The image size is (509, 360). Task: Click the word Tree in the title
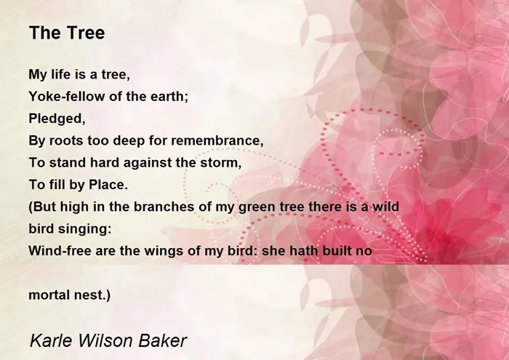click(x=86, y=33)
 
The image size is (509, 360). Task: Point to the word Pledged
click(x=57, y=119)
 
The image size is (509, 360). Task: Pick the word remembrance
click(x=217, y=140)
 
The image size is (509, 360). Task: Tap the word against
click(x=148, y=163)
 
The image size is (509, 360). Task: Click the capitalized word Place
click(x=108, y=185)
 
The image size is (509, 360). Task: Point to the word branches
click(x=164, y=207)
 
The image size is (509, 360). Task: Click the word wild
click(x=385, y=207)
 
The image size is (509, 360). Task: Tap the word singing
click(x=85, y=229)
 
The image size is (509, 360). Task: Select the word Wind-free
click(x=60, y=251)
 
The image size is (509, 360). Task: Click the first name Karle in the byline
click(x=52, y=340)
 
